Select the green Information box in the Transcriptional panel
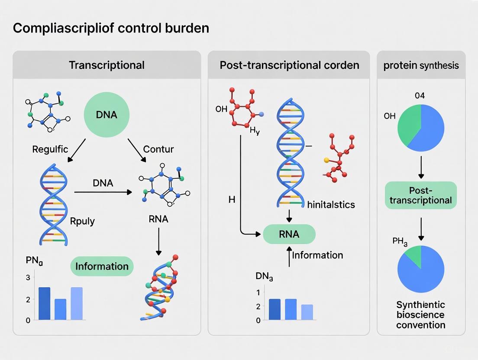click(x=102, y=266)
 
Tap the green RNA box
click(x=289, y=234)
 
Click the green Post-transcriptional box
click(x=420, y=196)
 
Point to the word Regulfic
click(x=50, y=149)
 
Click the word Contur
click(x=158, y=149)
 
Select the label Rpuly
click(x=82, y=221)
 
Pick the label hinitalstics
click(x=331, y=205)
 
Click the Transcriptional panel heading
click(x=107, y=65)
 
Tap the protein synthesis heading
click(x=421, y=66)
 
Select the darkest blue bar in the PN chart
click(x=45, y=303)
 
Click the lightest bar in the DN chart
click(x=307, y=312)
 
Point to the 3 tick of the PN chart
click(x=28, y=277)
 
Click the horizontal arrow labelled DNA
click(x=103, y=192)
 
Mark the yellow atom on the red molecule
click(x=326, y=160)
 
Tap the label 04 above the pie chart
click(x=420, y=96)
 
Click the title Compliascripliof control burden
click(x=111, y=28)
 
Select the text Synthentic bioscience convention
click(x=420, y=315)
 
